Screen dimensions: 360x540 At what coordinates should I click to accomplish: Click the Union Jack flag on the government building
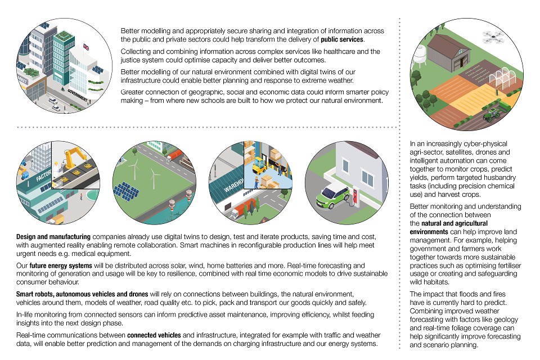pyautogui.click(x=85, y=47)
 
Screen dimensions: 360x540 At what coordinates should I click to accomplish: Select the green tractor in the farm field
pyautogui.click(x=492, y=115)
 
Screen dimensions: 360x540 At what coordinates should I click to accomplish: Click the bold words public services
pyautogui.click(x=343, y=40)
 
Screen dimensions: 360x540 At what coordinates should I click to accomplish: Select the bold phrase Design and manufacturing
pyautogui.click(x=53, y=236)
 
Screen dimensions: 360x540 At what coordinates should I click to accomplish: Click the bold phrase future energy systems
pyautogui.click(x=55, y=265)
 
